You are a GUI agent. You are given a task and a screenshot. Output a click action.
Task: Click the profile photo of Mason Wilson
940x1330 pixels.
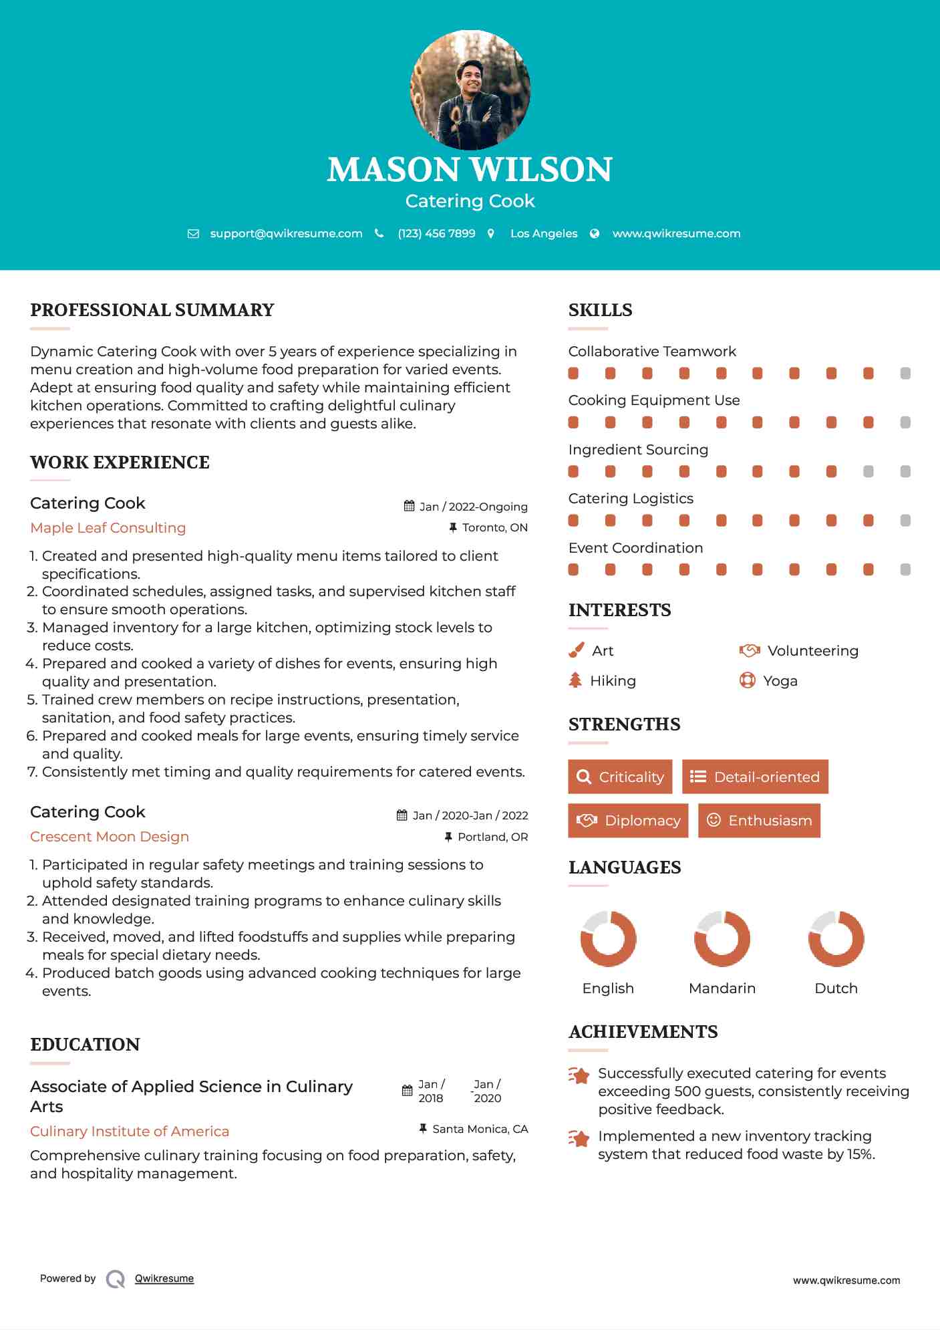click(470, 90)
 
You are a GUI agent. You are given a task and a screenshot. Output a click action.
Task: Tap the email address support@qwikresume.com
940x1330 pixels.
click(286, 233)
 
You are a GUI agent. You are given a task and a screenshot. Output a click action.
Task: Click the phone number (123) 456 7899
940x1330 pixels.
click(436, 233)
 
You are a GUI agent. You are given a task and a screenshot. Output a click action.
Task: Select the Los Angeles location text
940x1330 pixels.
click(544, 233)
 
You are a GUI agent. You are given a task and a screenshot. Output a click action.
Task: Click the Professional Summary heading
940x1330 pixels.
click(152, 310)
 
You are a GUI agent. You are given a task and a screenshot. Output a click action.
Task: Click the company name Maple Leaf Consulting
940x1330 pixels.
click(108, 528)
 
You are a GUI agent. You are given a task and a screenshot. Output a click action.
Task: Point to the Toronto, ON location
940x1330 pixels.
click(494, 527)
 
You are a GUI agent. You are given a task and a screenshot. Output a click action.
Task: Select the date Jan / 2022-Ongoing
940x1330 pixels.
click(473, 507)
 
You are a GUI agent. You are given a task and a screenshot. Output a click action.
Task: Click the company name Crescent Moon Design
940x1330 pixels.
click(110, 837)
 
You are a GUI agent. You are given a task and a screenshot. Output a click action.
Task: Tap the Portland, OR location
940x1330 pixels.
click(492, 837)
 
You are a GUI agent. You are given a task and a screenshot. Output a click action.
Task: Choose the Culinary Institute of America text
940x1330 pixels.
click(130, 1132)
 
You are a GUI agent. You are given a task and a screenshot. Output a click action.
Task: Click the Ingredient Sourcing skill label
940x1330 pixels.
click(638, 450)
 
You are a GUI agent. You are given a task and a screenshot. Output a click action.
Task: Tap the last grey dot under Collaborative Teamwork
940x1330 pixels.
click(905, 374)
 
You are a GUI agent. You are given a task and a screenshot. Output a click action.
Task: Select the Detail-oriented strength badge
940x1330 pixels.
click(755, 777)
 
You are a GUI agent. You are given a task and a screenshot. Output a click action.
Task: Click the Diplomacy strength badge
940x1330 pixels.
click(628, 821)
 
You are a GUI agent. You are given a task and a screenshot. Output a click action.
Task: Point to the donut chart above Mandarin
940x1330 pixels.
click(722, 938)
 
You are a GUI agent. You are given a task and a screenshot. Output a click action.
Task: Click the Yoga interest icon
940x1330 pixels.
click(747, 680)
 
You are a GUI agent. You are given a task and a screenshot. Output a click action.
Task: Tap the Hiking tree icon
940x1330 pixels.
click(575, 680)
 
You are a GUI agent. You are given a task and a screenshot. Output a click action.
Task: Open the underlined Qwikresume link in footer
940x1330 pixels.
click(164, 1279)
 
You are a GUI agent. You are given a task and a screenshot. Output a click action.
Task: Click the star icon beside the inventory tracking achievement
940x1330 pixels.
click(579, 1138)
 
